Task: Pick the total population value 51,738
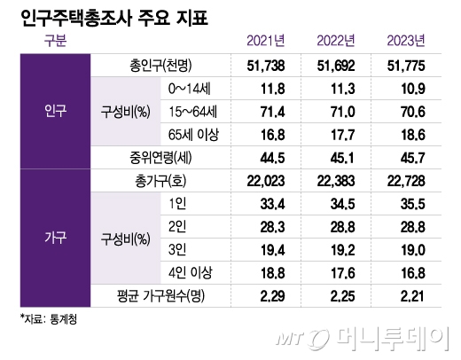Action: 267,66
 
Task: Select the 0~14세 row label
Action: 192,89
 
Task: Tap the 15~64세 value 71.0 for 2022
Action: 337,112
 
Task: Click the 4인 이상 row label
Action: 192,273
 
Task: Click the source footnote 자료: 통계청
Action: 48,320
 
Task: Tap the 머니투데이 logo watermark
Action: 376,336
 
